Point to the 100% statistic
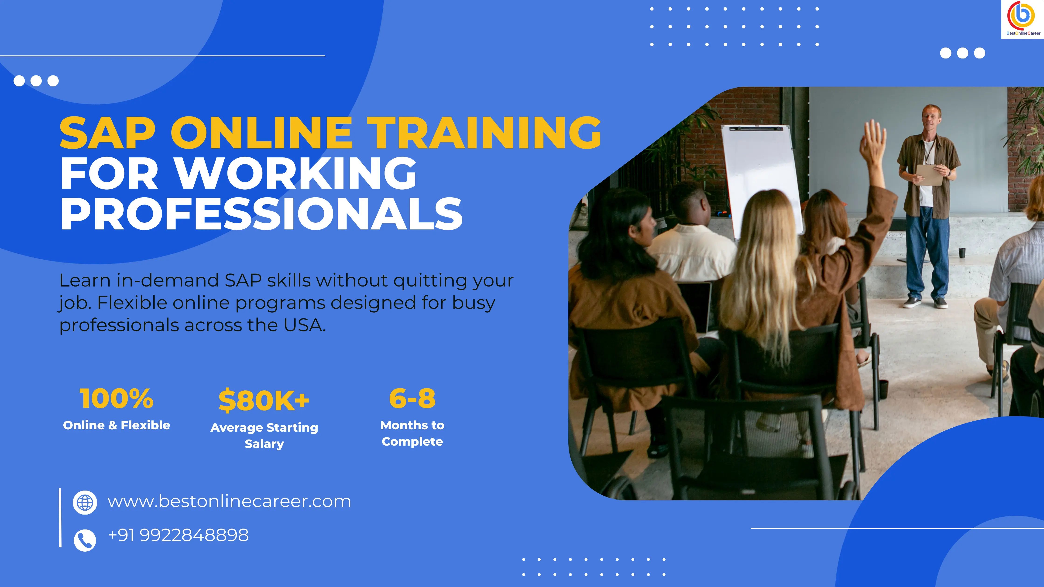116,398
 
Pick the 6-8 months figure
412,398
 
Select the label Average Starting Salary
264,436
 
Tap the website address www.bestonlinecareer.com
229,502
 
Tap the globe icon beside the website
85,502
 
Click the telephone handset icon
85,540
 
